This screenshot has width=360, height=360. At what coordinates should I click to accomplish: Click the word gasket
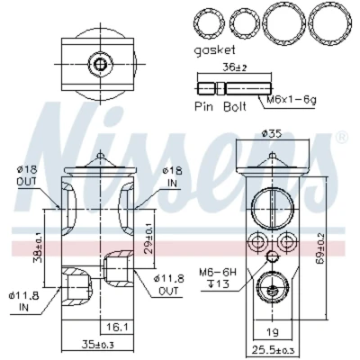point(214,50)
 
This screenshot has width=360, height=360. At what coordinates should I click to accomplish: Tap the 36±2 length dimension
point(235,67)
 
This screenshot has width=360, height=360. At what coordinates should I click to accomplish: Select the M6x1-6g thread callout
point(292,99)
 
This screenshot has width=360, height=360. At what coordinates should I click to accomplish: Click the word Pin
point(203,106)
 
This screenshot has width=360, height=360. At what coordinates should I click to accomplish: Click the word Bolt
point(235,106)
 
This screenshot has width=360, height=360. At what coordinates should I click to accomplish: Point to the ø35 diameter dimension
point(272,133)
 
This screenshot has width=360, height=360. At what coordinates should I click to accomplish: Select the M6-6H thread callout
point(218,273)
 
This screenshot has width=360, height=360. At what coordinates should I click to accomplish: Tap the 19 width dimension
point(272,332)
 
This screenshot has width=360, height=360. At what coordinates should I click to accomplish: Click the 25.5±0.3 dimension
point(274,350)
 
